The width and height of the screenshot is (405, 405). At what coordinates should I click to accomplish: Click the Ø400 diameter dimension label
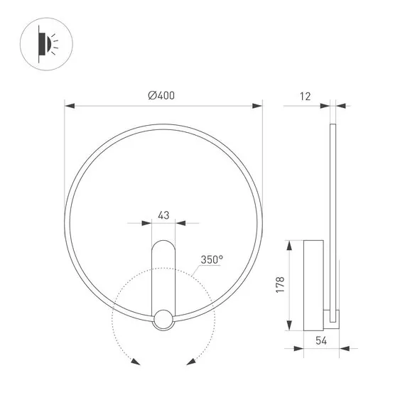click(162, 97)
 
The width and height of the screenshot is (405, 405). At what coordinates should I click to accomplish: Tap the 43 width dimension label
click(163, 214)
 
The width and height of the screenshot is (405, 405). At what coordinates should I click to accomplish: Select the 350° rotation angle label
click(212, 259)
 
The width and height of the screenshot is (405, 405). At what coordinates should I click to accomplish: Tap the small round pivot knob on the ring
click(163, 320)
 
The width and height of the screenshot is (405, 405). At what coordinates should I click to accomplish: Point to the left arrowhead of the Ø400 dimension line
click(69, 107)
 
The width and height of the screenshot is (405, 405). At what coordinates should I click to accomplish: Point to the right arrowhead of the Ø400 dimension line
click(258, 107)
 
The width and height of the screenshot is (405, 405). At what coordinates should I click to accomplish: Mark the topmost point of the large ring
click(163, 122)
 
